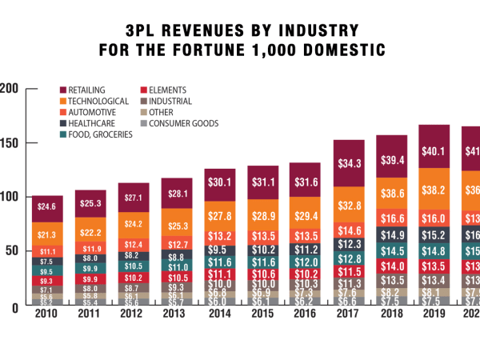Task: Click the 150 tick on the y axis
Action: pyautogui.click(x=10, y=143)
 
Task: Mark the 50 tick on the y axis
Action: pyautogui.click(x=13, y=251)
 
